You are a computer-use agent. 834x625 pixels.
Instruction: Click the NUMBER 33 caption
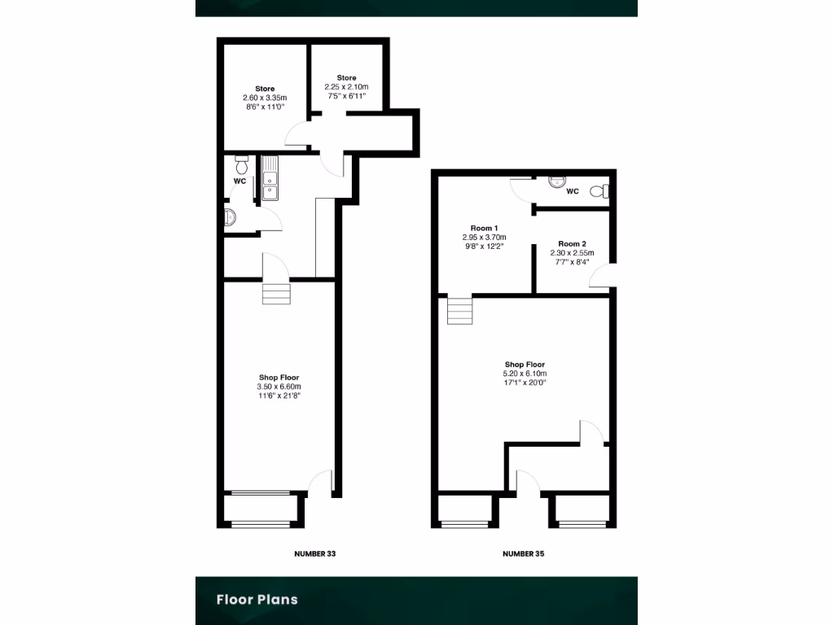pyautogui.click(x=314, y=553)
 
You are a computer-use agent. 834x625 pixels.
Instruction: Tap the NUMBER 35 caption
pyautogui.click(x=523, y=553)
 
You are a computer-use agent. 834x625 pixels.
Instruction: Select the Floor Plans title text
pyautogui.click(x=257, y=600)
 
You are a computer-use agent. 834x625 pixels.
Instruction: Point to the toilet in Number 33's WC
pyautogui.click(x=241, y=160)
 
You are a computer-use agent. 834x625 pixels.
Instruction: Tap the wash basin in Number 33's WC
pyautogui.click(x=230, y=217)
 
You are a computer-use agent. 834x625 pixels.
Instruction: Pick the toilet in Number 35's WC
pyautogui.click(x=600, y=192)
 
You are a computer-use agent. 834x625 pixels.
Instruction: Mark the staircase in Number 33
pyautogui.click(x=276, y=293)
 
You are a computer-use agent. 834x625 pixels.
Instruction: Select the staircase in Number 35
pyautogui.click(x=459, y=311)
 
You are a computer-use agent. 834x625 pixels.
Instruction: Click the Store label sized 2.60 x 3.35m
pyautogui.click(x=265, y=89)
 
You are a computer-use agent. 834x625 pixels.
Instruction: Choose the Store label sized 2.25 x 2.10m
pyautogui.click(x=347, y=78)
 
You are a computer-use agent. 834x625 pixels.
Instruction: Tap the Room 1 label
pyautogui.click(x=484, y=228)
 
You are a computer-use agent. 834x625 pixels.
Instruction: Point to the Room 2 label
pyautogui.click(x=572, y=243)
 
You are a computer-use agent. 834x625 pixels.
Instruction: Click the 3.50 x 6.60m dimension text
pyautogui.click(x=279, y=387)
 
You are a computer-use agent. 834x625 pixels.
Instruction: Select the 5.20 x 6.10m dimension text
pyautogui.click(x=525, y=374)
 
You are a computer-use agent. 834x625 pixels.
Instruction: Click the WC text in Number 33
pyautogui.click(x=239, y=180)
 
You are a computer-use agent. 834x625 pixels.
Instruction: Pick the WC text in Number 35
pyautogui.click(x=572, y=192)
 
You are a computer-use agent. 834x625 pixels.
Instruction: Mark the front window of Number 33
pyautogui.click(x=261, y=493)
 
